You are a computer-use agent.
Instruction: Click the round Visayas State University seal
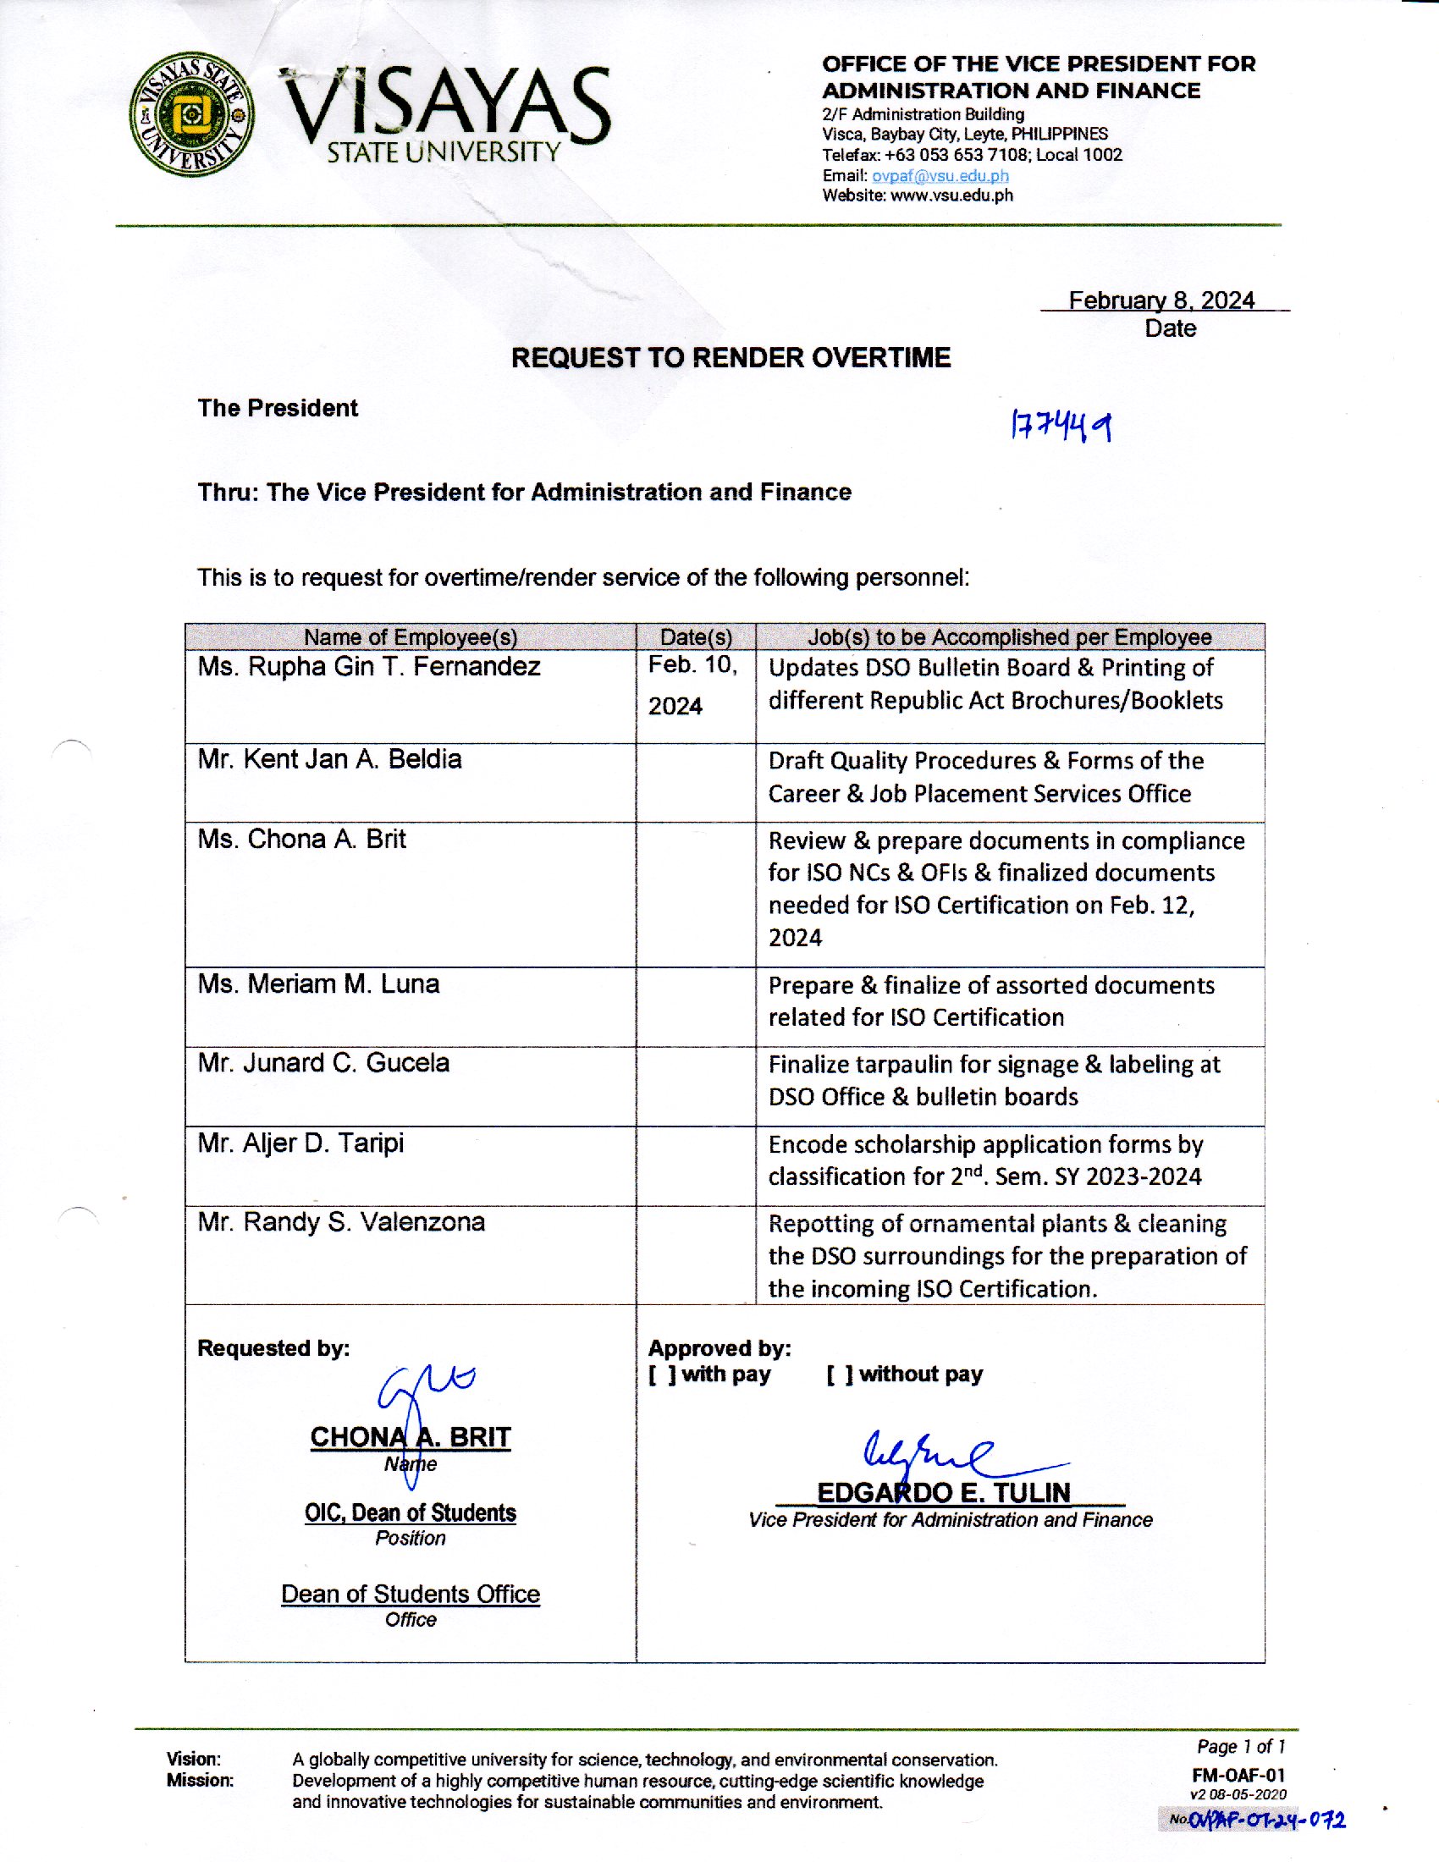(192, 113)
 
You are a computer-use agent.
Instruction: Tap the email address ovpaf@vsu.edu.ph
(940, 176)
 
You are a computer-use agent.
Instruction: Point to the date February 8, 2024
(1161, 300)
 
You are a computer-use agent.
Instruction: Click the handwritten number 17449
(1061, 425)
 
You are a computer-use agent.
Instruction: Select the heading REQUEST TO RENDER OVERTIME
(731, 357)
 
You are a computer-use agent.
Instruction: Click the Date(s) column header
(696, 636)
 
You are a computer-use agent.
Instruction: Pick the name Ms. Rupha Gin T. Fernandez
(368, 666)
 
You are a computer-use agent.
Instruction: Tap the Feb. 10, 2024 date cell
(692, 685)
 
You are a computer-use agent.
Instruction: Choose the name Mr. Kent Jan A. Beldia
(329, 759)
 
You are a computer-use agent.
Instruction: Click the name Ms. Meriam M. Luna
(318, 983)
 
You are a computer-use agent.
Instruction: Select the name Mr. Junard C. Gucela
(323, 1062)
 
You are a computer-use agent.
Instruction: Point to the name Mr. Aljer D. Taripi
(300, 1143)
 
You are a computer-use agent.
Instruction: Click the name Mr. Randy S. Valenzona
(341, 1221)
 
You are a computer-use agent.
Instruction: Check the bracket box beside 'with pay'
(662, 1374)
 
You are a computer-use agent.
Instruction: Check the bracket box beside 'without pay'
(839, 1374)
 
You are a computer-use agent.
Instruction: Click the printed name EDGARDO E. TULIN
(943, 1492)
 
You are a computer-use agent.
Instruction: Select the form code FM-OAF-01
(1238, 1776)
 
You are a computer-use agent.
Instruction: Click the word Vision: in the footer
(194, 1759)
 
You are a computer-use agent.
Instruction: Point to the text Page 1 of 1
(1240, 1747)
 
